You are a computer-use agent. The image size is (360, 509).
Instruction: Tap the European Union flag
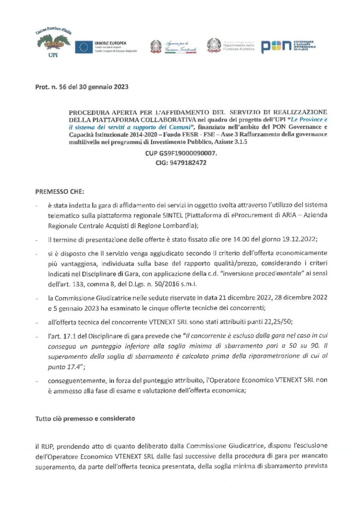click(83, 47)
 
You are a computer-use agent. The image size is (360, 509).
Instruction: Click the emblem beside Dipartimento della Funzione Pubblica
click(214, 46)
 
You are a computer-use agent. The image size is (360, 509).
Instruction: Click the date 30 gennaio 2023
click(104, 87)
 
